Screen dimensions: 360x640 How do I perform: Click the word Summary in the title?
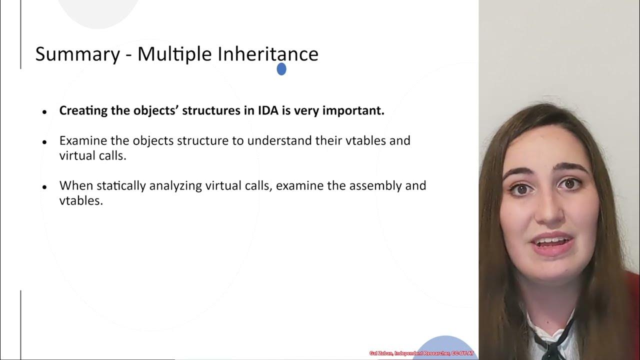pos(77,54)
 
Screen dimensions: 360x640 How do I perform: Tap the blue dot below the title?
pos(281,69)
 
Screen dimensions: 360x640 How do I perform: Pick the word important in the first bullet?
pos(353,110)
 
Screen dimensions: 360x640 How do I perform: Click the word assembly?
pos(384,185)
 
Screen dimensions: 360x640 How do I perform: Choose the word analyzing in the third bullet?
pos(173,185)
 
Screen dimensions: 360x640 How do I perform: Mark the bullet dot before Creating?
pos(45,112)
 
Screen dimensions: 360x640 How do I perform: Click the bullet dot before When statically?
pos(45,187)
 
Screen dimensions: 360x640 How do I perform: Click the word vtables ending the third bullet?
pos(80,200)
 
